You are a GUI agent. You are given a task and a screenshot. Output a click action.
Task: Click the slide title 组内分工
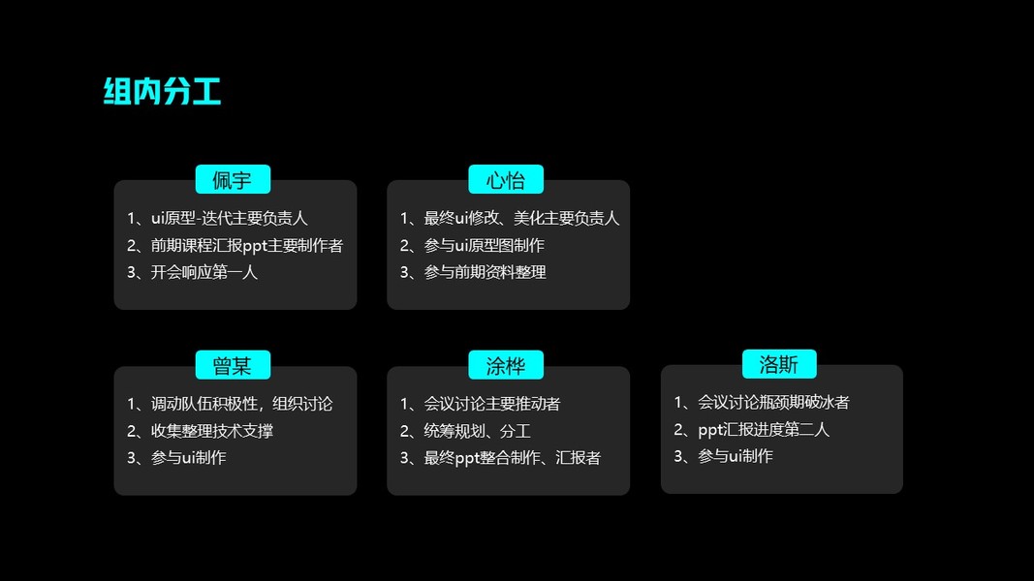coord(162,91)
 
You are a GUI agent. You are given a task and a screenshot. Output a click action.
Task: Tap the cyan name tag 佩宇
coord(233,180)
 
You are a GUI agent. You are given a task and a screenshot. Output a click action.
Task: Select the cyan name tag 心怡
coord(506,180)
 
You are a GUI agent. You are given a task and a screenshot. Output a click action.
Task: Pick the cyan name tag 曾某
coord(233,365)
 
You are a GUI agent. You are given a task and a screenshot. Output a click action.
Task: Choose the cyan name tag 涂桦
coord(506,365)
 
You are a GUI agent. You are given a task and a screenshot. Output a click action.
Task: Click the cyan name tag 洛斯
coord(779,364)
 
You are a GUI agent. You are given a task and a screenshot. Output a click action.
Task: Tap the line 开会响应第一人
coord(204,272)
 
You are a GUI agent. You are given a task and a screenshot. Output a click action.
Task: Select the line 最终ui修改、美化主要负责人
coord(520,219)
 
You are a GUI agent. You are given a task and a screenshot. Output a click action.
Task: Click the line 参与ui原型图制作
coord(484,246)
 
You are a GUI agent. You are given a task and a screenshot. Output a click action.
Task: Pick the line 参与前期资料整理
coord(485,272)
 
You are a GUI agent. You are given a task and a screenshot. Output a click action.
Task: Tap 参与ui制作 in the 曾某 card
coord(188,457)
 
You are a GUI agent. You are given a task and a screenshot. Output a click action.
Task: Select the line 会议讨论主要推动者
coord(491,404)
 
